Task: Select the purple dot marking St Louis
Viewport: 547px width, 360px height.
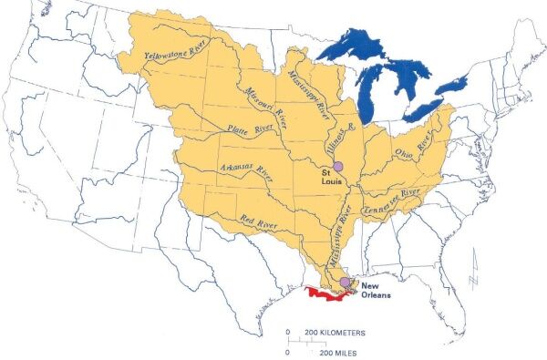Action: pyautogui.click(x=336, y=166)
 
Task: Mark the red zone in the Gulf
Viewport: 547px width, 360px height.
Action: pyautogui.click(x=324, y=294)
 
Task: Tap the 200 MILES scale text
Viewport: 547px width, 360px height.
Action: pyautogui.click(x=334, y=351)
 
